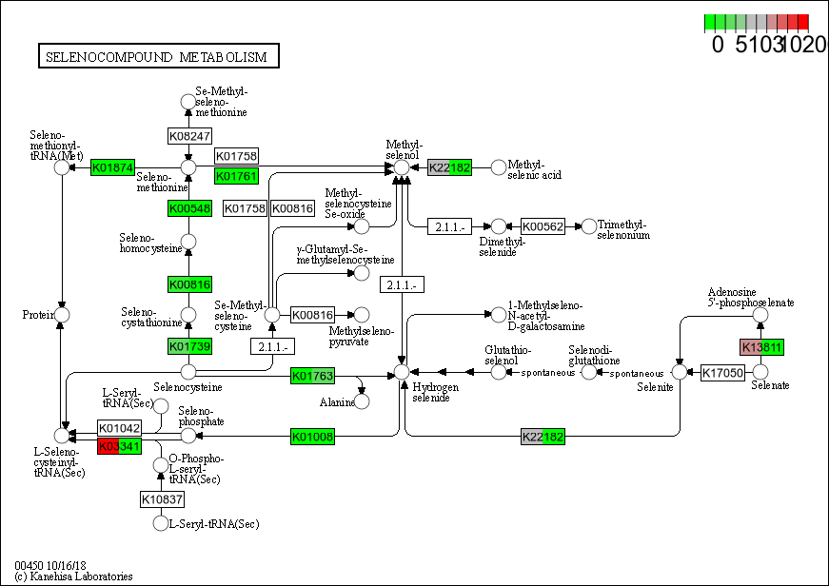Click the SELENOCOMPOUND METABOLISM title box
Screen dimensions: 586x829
tap(158, 57)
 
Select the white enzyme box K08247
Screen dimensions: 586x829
tap(189, 136)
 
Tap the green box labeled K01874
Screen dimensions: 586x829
tap(112, 167)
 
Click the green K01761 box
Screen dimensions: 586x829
tap(236, 176)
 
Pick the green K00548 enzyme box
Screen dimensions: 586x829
tap(189, 207)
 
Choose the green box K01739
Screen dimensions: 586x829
tap(189, 345)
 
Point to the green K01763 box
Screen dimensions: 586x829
tap(312, 376)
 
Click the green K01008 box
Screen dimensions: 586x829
tap(312, 437)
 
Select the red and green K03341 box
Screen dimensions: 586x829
tap(119, 446)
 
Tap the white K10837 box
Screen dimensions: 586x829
tap(163, 498)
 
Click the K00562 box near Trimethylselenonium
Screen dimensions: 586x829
tap(543, 226)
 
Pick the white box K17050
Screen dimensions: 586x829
tap(723, 373)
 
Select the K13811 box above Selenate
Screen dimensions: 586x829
tap(761, 347)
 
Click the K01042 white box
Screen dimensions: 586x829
tap(119, 429)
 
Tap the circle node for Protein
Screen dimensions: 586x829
tap(63, 315)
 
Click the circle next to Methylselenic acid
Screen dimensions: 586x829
tap(498, 167)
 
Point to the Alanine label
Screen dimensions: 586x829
tap(337, 402)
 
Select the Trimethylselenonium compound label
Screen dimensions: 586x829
tap(623, 229)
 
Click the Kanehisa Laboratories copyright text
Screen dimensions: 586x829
tap(73, 576)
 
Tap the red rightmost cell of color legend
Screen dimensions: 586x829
tap(803, 22)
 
